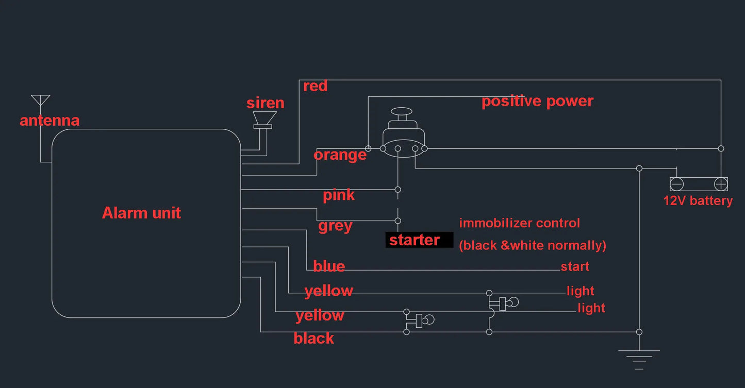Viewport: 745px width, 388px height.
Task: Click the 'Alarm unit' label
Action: (x=141, y=213)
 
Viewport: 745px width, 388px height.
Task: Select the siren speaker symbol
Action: (x=264, y=120)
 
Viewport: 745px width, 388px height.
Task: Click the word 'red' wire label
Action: (x=316, y=86)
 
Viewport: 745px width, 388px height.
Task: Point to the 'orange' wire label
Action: (x=340, y=155)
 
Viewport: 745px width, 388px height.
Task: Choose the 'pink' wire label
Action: (x=339, y=195)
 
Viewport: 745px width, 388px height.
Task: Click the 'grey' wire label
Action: (x=335, y=226)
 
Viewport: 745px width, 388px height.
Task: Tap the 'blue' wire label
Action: (x=329, y=266)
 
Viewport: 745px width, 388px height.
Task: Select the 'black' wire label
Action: (x=313, y=339)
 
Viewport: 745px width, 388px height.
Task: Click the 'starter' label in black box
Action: (x=415, y=240)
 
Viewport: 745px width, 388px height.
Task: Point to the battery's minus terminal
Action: (x=676, y=184)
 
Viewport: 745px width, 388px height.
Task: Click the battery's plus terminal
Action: (x=721, y=184)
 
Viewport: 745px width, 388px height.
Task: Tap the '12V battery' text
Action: (x=698, y=201)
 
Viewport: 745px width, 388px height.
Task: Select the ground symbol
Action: (x=639, y=360)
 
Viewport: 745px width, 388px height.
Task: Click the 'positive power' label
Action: (x=537, y=102)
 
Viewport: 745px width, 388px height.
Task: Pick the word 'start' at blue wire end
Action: (x=575, y=266)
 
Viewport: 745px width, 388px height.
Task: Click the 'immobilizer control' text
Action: (x=520, y=223)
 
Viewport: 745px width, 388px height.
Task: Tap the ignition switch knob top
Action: (x=402, y=111)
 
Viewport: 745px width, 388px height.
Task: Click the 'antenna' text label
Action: (x=49, y=121)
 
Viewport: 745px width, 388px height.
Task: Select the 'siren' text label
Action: (x=266, y=103)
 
